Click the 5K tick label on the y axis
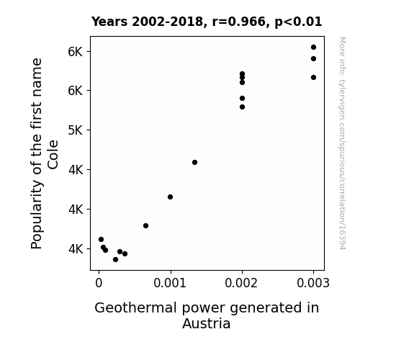coord(76,130)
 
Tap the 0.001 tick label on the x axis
coord(170,283)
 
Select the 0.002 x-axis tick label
coord(241,283)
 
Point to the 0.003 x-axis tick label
coord(313,283)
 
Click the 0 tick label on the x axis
coord(99,283)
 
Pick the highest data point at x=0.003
coord(313,48)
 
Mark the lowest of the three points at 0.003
coord(313,77)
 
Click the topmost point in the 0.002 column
coord(242,73)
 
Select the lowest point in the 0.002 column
coord(242,107)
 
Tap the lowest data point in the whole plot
coord(115,260)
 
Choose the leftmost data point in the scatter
coord(101,240)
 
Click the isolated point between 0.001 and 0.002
coord(194,163)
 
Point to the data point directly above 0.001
coord(171,197)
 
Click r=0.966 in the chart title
coord(239,22)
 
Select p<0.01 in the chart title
coord(298,22)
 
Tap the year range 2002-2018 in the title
coord(167,22)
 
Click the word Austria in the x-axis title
coord(206,323)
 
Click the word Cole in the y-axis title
coord(53,155)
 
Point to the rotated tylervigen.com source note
coord(342,143)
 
